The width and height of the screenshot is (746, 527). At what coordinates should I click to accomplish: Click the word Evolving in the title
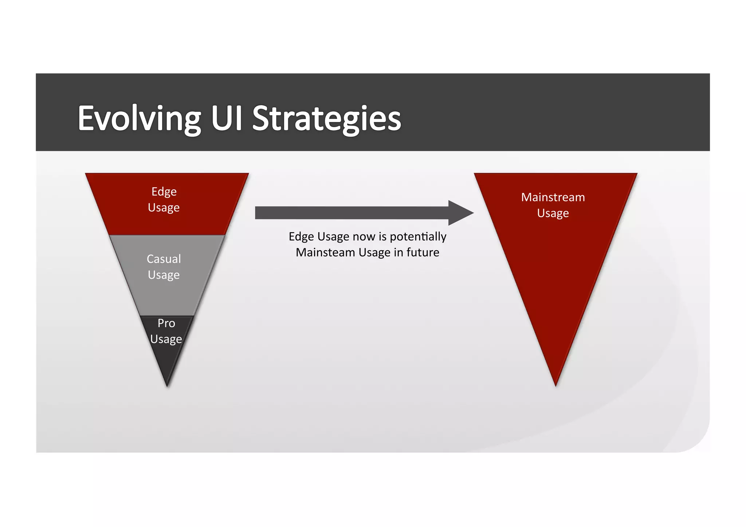click(x=139, y=118)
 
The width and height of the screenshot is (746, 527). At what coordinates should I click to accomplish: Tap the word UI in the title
click(x=227, y=118)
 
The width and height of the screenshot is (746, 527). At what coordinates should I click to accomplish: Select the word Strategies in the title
click(x=326, y=118)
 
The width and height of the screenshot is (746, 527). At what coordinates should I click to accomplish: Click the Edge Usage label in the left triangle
click(x=164, y=200)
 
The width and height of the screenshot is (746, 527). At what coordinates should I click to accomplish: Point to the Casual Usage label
click(x=164, y=267)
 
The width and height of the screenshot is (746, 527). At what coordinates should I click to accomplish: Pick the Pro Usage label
click(x=166, y=331)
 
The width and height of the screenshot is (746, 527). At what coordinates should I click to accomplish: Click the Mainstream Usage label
click(x=553, y=205)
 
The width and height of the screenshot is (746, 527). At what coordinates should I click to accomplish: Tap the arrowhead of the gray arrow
click(x=460, y=213)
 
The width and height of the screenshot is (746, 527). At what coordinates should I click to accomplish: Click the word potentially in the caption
click(x=418, y=237)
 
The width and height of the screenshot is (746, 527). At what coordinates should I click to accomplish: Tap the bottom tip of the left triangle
click(x=167, y=385)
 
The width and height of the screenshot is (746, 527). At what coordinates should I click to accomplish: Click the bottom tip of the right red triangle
click(x=555, y=385)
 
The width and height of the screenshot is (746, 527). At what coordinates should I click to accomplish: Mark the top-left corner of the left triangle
click(x=86, y=174)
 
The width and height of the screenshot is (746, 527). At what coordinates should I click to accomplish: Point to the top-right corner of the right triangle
click(x=636, y=174)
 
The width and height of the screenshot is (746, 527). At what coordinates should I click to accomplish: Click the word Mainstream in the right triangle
click(x=553, y=197)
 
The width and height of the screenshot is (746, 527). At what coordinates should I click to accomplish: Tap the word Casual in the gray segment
click(x=164, y=259)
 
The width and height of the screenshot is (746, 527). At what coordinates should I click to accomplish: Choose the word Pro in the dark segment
click(x=166, y=323)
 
